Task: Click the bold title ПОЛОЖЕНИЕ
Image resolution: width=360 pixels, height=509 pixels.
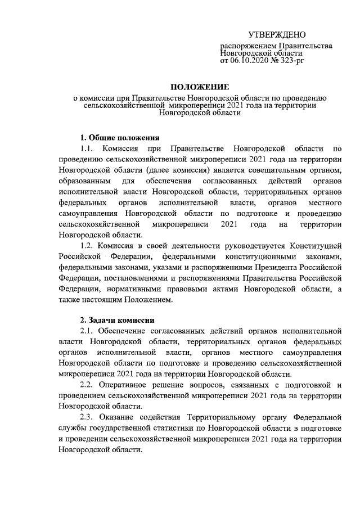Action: point(200,87)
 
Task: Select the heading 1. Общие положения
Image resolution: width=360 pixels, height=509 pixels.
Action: point(120,138)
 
